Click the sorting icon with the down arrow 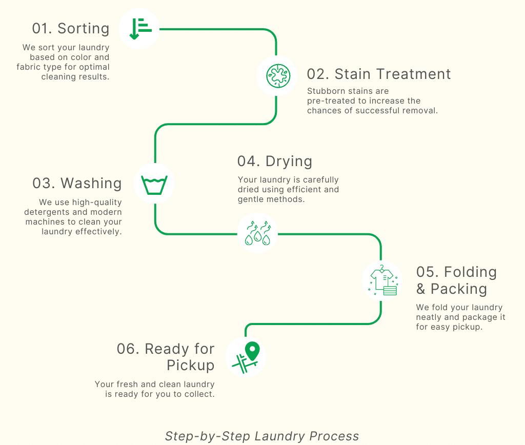tap(139, 29)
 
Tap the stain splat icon tap(277, 76)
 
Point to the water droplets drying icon tap(257, 233)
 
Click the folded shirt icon tap(382, 280)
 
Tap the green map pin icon tap(252, 352)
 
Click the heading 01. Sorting tap(71, 28)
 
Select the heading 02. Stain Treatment tap(379, 74)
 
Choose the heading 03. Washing tap(77, 183)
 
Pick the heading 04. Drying tap(275, 161)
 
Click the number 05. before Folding tap(428, 272)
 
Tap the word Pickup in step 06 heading tap(190, 366)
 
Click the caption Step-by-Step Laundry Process tap(262, 436)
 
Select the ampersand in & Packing tap(421, 289)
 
